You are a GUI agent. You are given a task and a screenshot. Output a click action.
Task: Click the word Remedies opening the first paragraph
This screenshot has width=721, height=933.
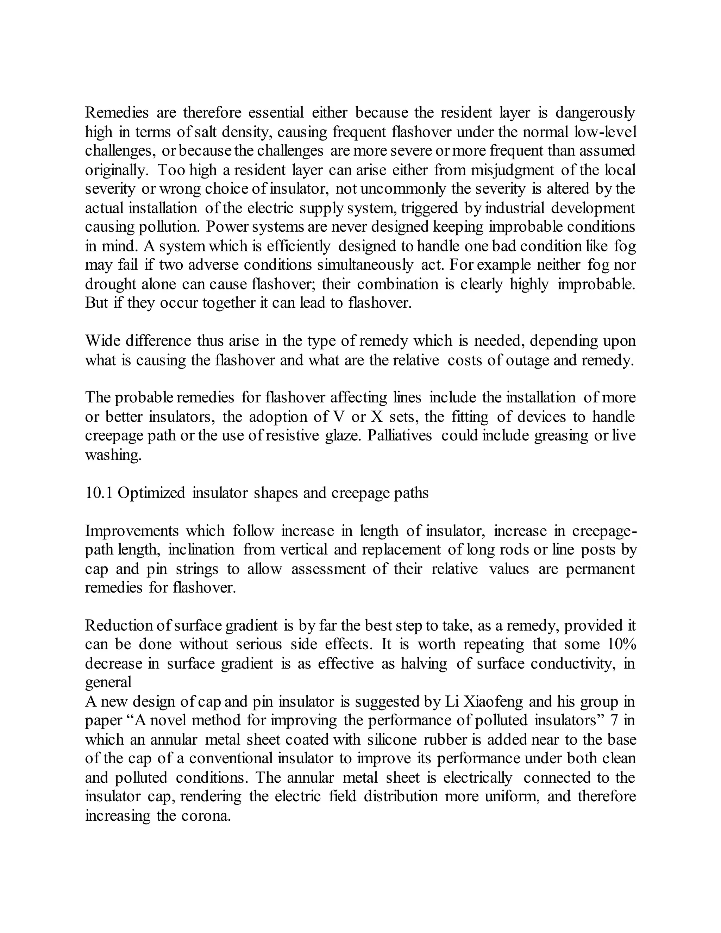tap(117, 113)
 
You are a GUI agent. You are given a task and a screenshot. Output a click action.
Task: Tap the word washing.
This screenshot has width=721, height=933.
tap(113, 455)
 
